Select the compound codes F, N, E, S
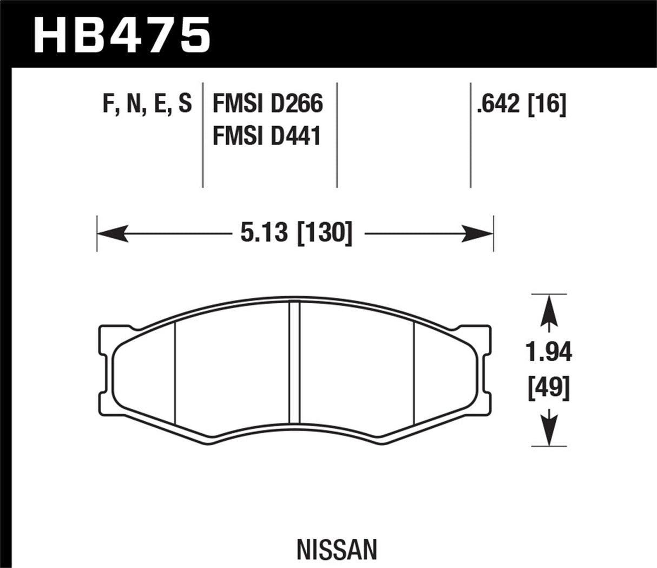[147, 103]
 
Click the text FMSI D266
[267, 103]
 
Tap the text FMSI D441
[267, 135]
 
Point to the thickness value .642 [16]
[521, 103]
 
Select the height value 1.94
[549, 352]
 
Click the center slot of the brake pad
[294, 361]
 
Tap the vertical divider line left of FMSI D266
[202, 135]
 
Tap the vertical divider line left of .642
[470, 135]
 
